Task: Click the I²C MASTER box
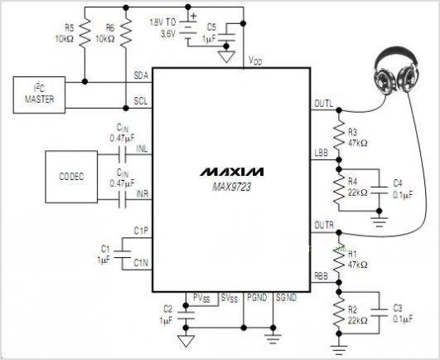39,95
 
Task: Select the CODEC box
71,177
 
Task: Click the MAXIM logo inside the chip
231,172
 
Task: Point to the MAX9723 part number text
231,187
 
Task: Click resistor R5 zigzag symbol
85,32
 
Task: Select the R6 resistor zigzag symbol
126,32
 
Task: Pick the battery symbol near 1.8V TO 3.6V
188,30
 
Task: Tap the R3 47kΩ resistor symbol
339,135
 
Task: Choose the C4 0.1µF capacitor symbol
380,190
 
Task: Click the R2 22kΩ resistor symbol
339,313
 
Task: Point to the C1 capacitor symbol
123,254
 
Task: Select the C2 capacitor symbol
186,315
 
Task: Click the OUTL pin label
323,104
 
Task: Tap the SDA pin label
141,75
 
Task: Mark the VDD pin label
255,60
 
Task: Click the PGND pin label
257,298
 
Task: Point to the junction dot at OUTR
339,232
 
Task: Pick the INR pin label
143,194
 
